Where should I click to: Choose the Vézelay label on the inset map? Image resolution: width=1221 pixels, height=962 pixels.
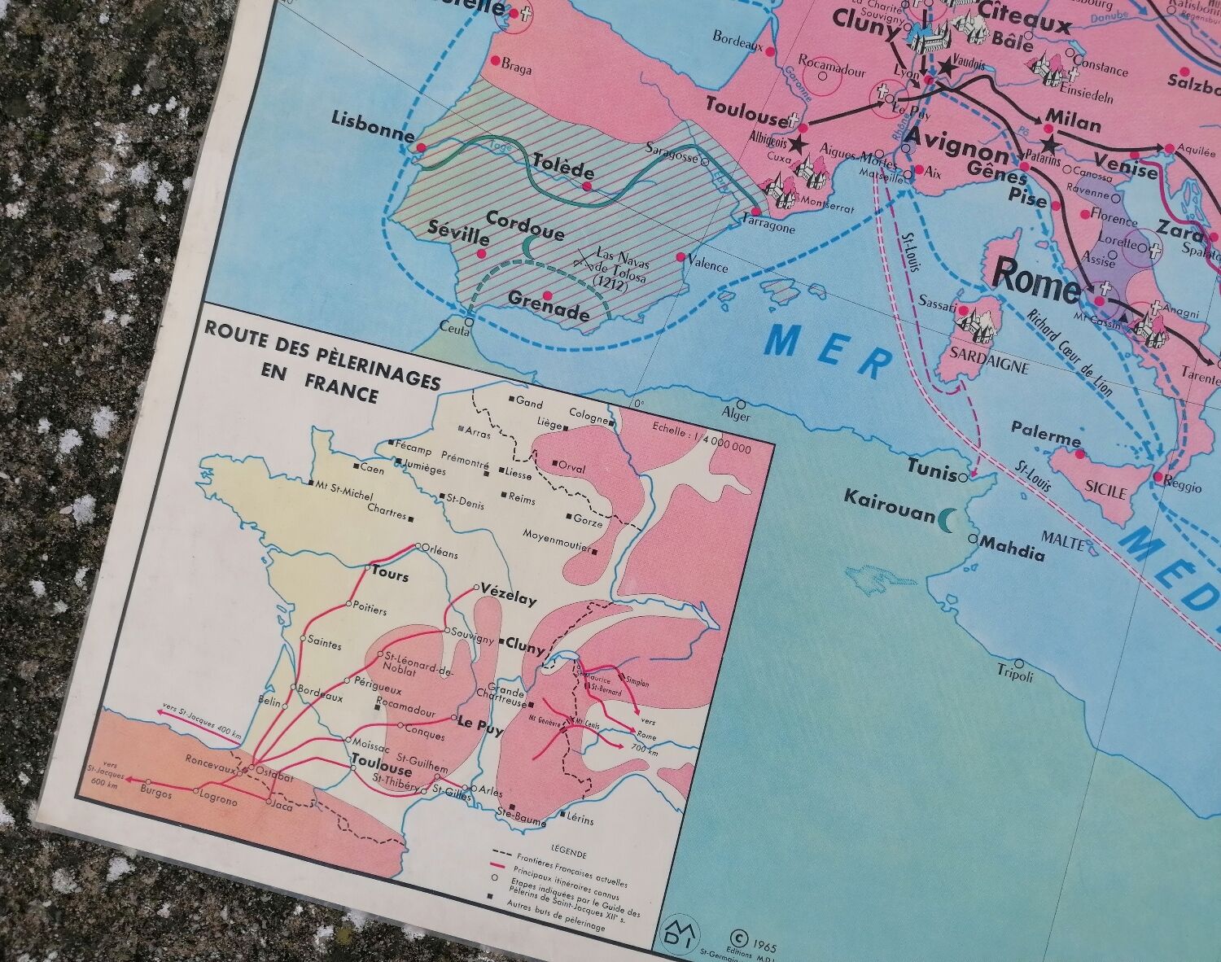509,595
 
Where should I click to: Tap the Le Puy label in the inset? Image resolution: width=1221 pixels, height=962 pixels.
481,727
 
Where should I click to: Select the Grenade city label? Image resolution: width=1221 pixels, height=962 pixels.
549,312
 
